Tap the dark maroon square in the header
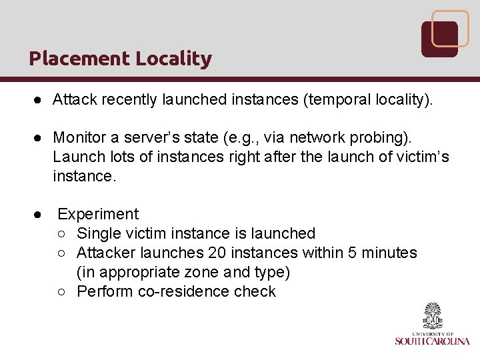439,39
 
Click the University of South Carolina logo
432,325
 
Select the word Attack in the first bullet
73,100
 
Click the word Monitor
79,137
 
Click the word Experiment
98,214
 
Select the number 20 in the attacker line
217,253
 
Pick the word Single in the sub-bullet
99,233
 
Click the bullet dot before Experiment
40,215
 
